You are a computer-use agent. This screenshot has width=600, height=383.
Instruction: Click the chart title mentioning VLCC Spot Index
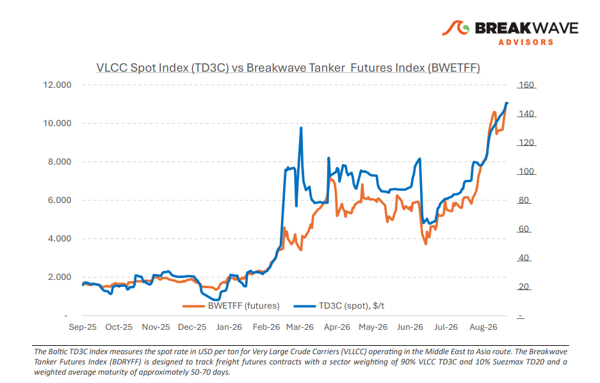click(288, 68)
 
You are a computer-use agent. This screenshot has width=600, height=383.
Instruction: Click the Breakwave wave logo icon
click(455, 28)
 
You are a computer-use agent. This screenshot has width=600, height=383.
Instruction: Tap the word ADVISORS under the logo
click(526, 42)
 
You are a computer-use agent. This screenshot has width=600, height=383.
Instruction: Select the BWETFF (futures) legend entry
click(231, 306)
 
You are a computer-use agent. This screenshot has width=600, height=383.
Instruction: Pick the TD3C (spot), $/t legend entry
click(339, 306)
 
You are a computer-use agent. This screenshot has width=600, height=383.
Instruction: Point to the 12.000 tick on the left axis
click(58, 85)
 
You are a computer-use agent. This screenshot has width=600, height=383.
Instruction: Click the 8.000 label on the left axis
click(60, 161)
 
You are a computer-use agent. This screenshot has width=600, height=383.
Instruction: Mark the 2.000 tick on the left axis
click(60, 277)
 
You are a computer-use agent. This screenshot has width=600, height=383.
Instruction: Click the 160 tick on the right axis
click(526, 85)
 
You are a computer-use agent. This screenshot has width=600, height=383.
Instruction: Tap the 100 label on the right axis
click(526, 171)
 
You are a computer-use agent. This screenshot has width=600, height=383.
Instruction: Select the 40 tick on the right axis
click(524, 257)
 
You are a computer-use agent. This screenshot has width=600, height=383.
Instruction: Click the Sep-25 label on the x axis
click(83, 327)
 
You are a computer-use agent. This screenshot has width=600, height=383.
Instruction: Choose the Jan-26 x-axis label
click(229, 327)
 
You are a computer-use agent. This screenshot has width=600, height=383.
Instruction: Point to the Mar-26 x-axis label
click(300, 327)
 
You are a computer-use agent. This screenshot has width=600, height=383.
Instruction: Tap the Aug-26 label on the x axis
click(483, 327)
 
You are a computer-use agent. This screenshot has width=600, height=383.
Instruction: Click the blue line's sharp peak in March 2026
click(301, 128)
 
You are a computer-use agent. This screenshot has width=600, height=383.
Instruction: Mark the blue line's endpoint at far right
click(507, 103)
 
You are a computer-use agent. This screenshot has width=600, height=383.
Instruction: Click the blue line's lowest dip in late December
click(217, 300)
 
